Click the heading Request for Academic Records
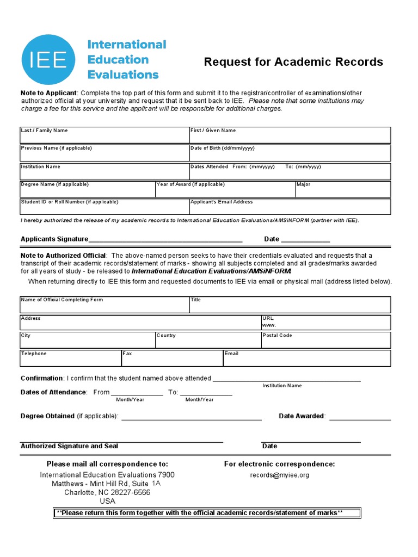point(293,62)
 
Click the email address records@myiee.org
point(279,475)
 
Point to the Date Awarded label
point(302,416)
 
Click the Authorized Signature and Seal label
point(69,446)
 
